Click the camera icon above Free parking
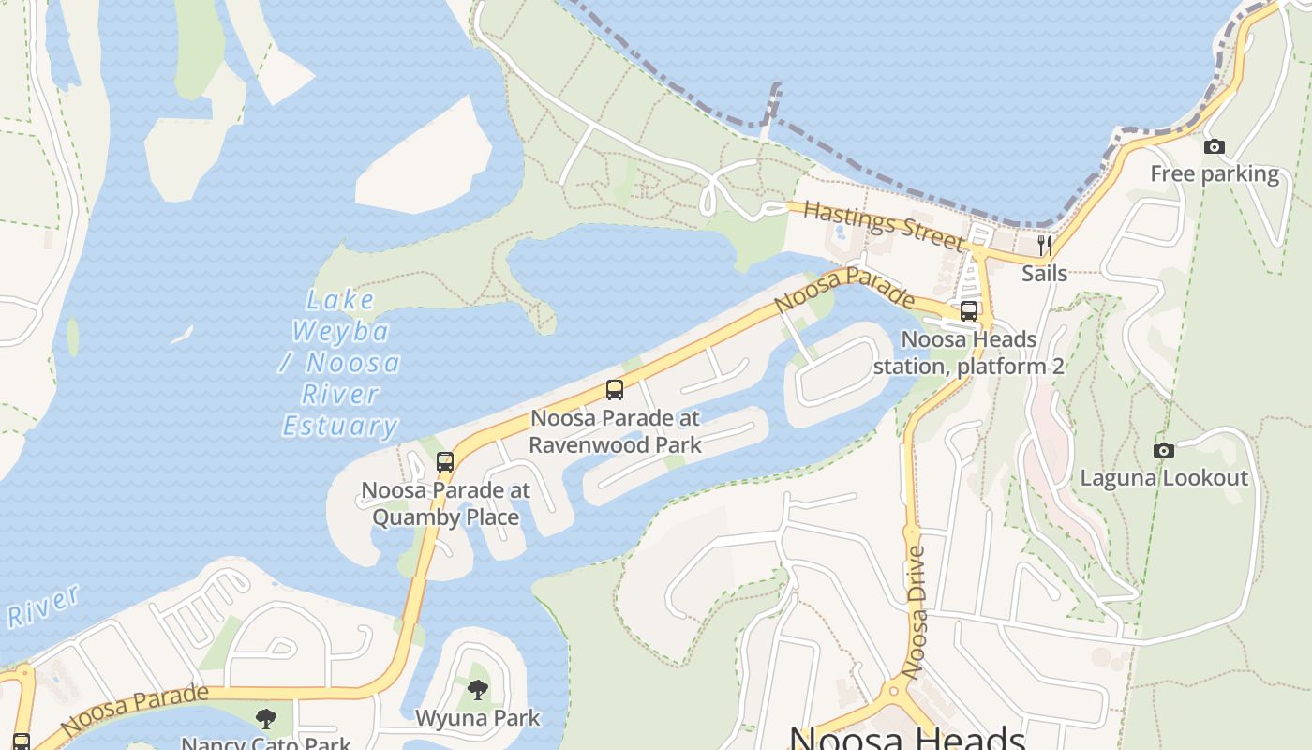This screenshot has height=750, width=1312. coord(1214,146)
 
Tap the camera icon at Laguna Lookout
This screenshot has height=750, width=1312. coord(1163,450)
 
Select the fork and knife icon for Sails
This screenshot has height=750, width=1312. coord(1044,246)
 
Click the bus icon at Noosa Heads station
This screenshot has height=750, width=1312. coord(969,311)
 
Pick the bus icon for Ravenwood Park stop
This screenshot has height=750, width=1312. coord(615,390)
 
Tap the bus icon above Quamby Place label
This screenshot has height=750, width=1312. coord(445,461)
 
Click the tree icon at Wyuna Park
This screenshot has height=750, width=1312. coord(478,691)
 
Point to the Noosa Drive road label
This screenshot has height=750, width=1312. coord(916,611)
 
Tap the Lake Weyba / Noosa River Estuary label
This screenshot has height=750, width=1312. coord(341,363)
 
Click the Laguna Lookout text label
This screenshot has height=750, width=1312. coord(1164,478)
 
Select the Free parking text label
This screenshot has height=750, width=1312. coord(1215,174)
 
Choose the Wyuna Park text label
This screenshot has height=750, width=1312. coord(478,719)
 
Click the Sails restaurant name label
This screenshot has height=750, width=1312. coord(1044,273)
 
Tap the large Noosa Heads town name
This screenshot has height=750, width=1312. coord(907,738)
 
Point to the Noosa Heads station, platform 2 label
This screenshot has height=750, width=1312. coord(969,352)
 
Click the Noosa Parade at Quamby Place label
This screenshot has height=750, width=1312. coord(446,503)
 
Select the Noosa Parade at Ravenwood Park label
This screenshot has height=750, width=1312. coord(615,430)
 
